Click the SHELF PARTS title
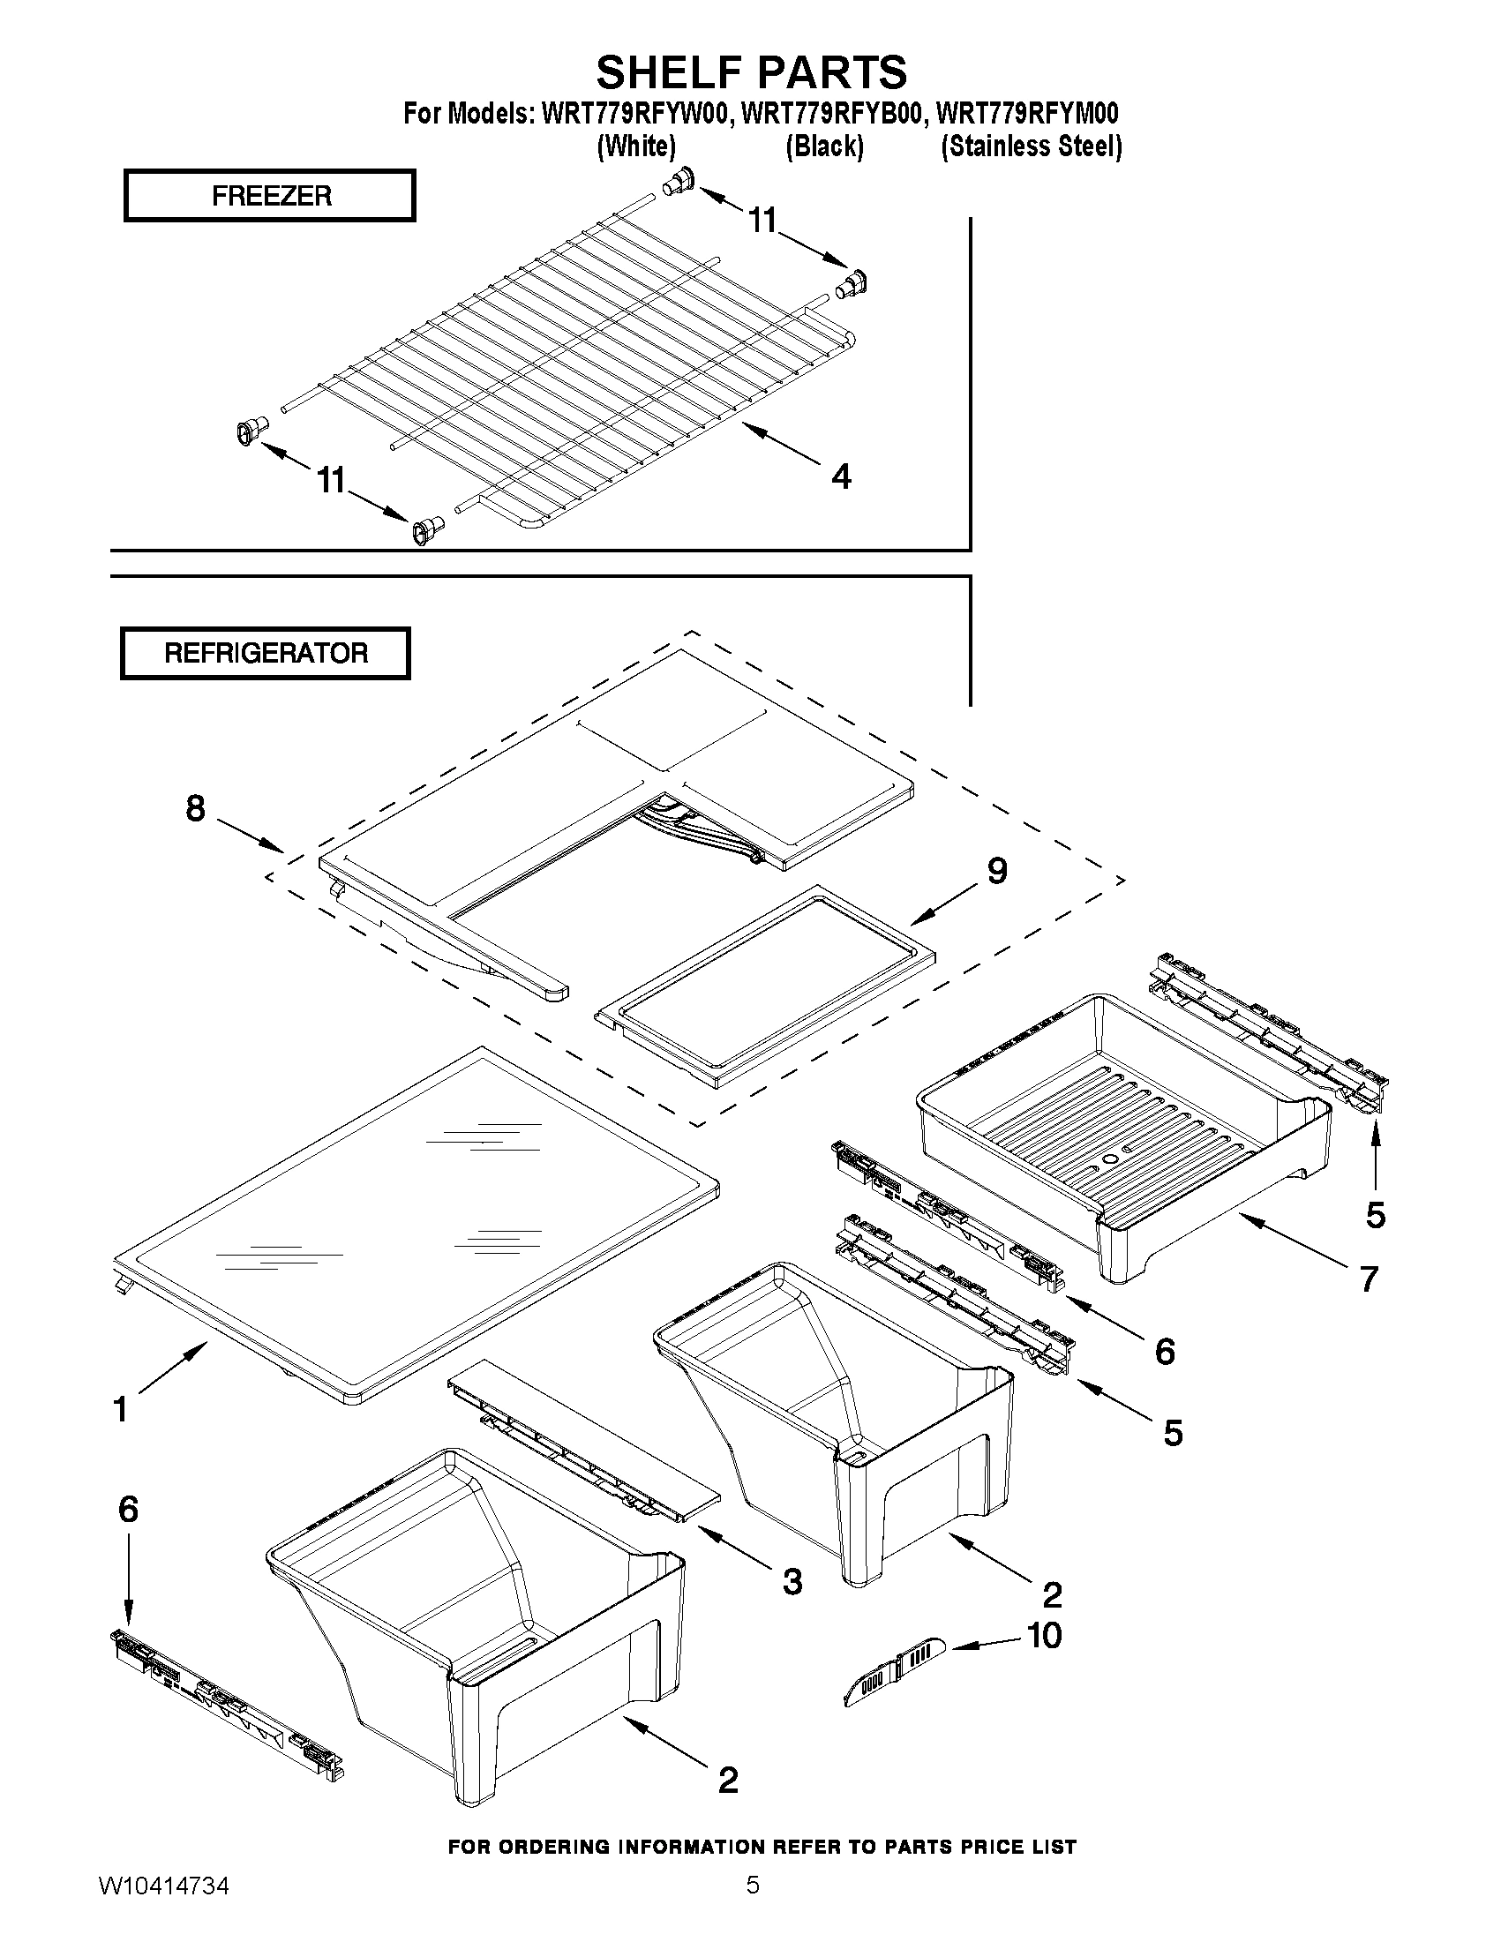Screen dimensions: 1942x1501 (x=752, y=71)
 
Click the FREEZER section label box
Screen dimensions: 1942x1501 (x=270, y=196)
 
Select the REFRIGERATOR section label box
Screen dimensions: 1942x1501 (x=265, y=654)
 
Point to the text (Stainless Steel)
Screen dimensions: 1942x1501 (x=1032, y=146)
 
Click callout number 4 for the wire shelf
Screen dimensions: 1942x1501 (x=841, y=476)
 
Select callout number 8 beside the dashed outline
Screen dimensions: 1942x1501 (x=196, y=808)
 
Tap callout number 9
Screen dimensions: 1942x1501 (x=997, y=871)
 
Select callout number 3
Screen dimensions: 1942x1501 (x=792, y=1581)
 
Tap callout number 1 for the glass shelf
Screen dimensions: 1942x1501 (x=121, y=1408)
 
